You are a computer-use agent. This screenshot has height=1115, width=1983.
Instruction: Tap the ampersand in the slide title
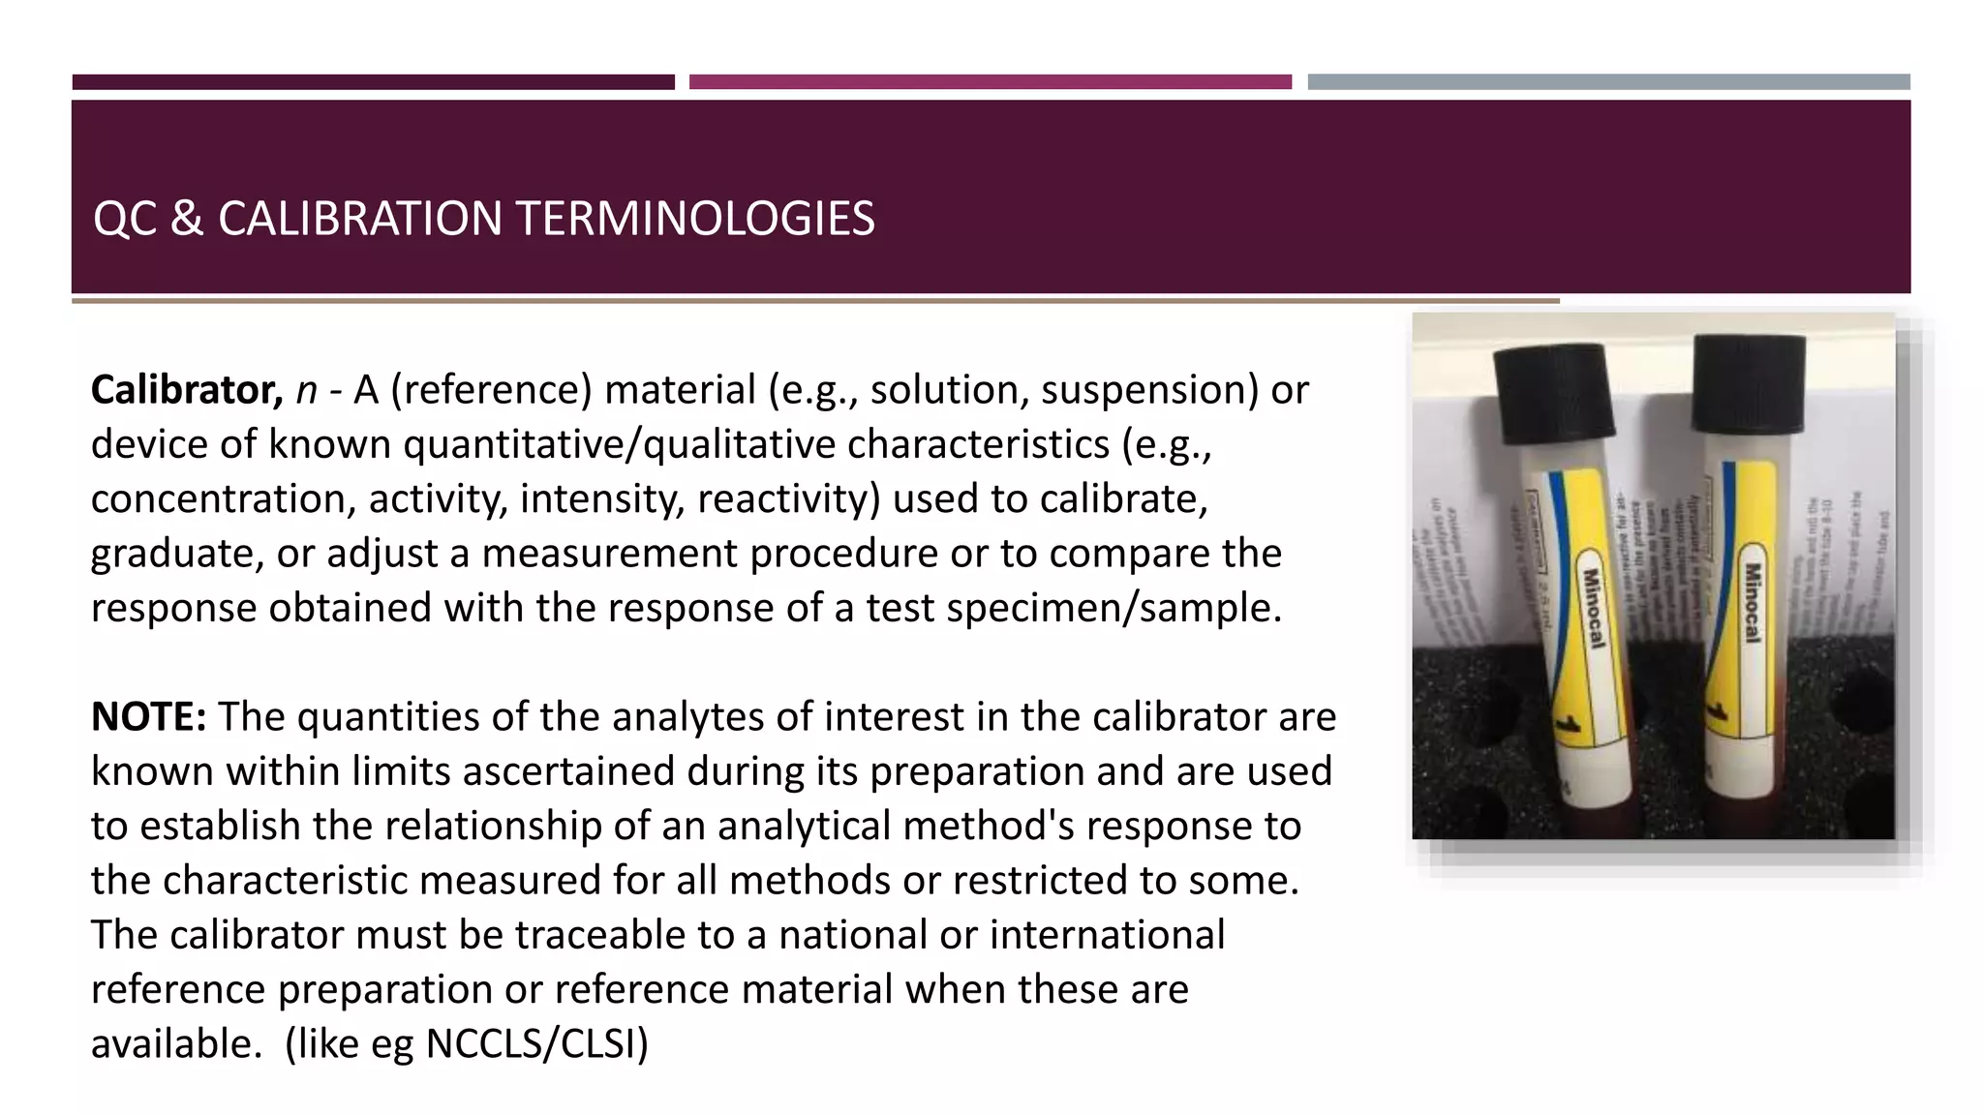pyautogui.click(x=186, y=219)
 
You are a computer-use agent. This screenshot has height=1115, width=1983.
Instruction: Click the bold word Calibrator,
pyautogui.click(x=186, y=390)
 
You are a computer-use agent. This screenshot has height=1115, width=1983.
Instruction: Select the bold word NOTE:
pyautogui.click(x=148, y=717)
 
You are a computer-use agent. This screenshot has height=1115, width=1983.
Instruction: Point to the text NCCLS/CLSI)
pyautogui.click(x=537, y=1044)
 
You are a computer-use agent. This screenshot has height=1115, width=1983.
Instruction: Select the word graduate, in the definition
pyautogui.click(x=177, y=554)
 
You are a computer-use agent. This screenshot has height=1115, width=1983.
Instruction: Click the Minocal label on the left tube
pyautogui.click(x=1593, y=608)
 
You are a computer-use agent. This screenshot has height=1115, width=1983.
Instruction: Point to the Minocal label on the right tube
pyautogui.click(x=1753, y=602)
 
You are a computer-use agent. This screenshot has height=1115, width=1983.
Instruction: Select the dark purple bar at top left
pyautogui.click(x=373, y=82)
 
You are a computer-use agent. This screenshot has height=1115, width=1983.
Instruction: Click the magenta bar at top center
pyautogui.click(x=990, y=82)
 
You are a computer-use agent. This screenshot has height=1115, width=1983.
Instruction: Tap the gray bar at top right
pyautogui.click(x=1608, y=82)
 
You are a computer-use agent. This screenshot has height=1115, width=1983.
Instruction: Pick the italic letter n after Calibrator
pyautogui.click(x=306, y=390)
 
